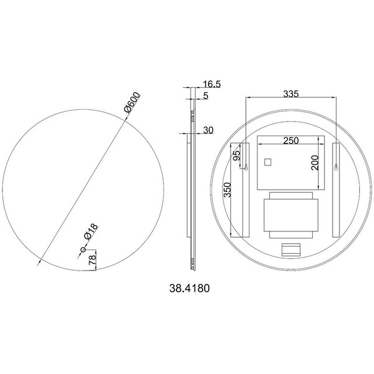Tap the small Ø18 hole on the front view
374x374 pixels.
(x=83, y=251)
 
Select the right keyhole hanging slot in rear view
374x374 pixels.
(x=336, y=169)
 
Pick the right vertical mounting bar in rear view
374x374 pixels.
(x=337, y=190)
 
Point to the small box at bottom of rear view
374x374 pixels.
(x=290, y=251)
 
